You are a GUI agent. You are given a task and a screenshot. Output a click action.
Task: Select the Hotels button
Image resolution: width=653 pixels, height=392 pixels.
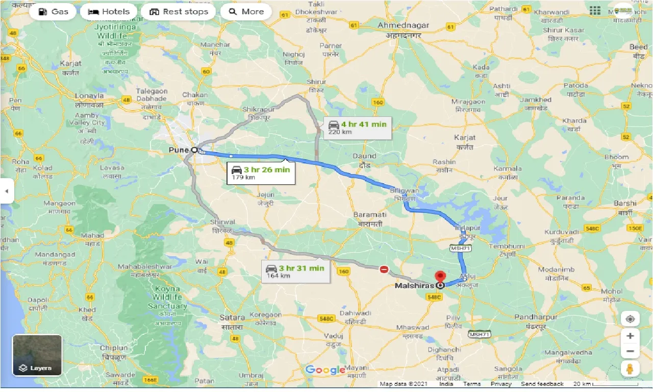[x=108, y=12]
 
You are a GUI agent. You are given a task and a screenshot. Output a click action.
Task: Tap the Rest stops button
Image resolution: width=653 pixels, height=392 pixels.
[x=178, y=12]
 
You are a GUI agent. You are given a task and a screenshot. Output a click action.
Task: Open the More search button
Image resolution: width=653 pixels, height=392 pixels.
[x=246, y=12]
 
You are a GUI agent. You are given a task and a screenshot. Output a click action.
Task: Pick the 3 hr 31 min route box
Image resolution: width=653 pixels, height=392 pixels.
[x=295, y=272]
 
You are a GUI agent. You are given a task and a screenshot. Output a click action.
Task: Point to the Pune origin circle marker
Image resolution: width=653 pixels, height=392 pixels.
[x=194, y=150]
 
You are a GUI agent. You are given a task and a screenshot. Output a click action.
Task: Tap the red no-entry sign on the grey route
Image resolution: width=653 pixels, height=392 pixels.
[x=384, y=269]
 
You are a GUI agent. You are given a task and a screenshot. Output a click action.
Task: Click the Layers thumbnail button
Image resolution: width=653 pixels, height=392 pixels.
[x=37, y=355]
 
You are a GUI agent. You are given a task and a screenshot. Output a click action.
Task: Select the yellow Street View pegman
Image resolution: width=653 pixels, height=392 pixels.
[x=630, y=369]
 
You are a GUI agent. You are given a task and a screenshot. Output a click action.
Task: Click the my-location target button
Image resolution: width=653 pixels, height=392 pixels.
[x=630, y=320]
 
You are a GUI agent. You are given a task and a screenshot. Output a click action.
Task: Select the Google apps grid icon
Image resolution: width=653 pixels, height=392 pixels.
[x=595, y=11]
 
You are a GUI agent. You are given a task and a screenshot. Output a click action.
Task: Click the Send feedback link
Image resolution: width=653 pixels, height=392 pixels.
[x=543, y=384]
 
